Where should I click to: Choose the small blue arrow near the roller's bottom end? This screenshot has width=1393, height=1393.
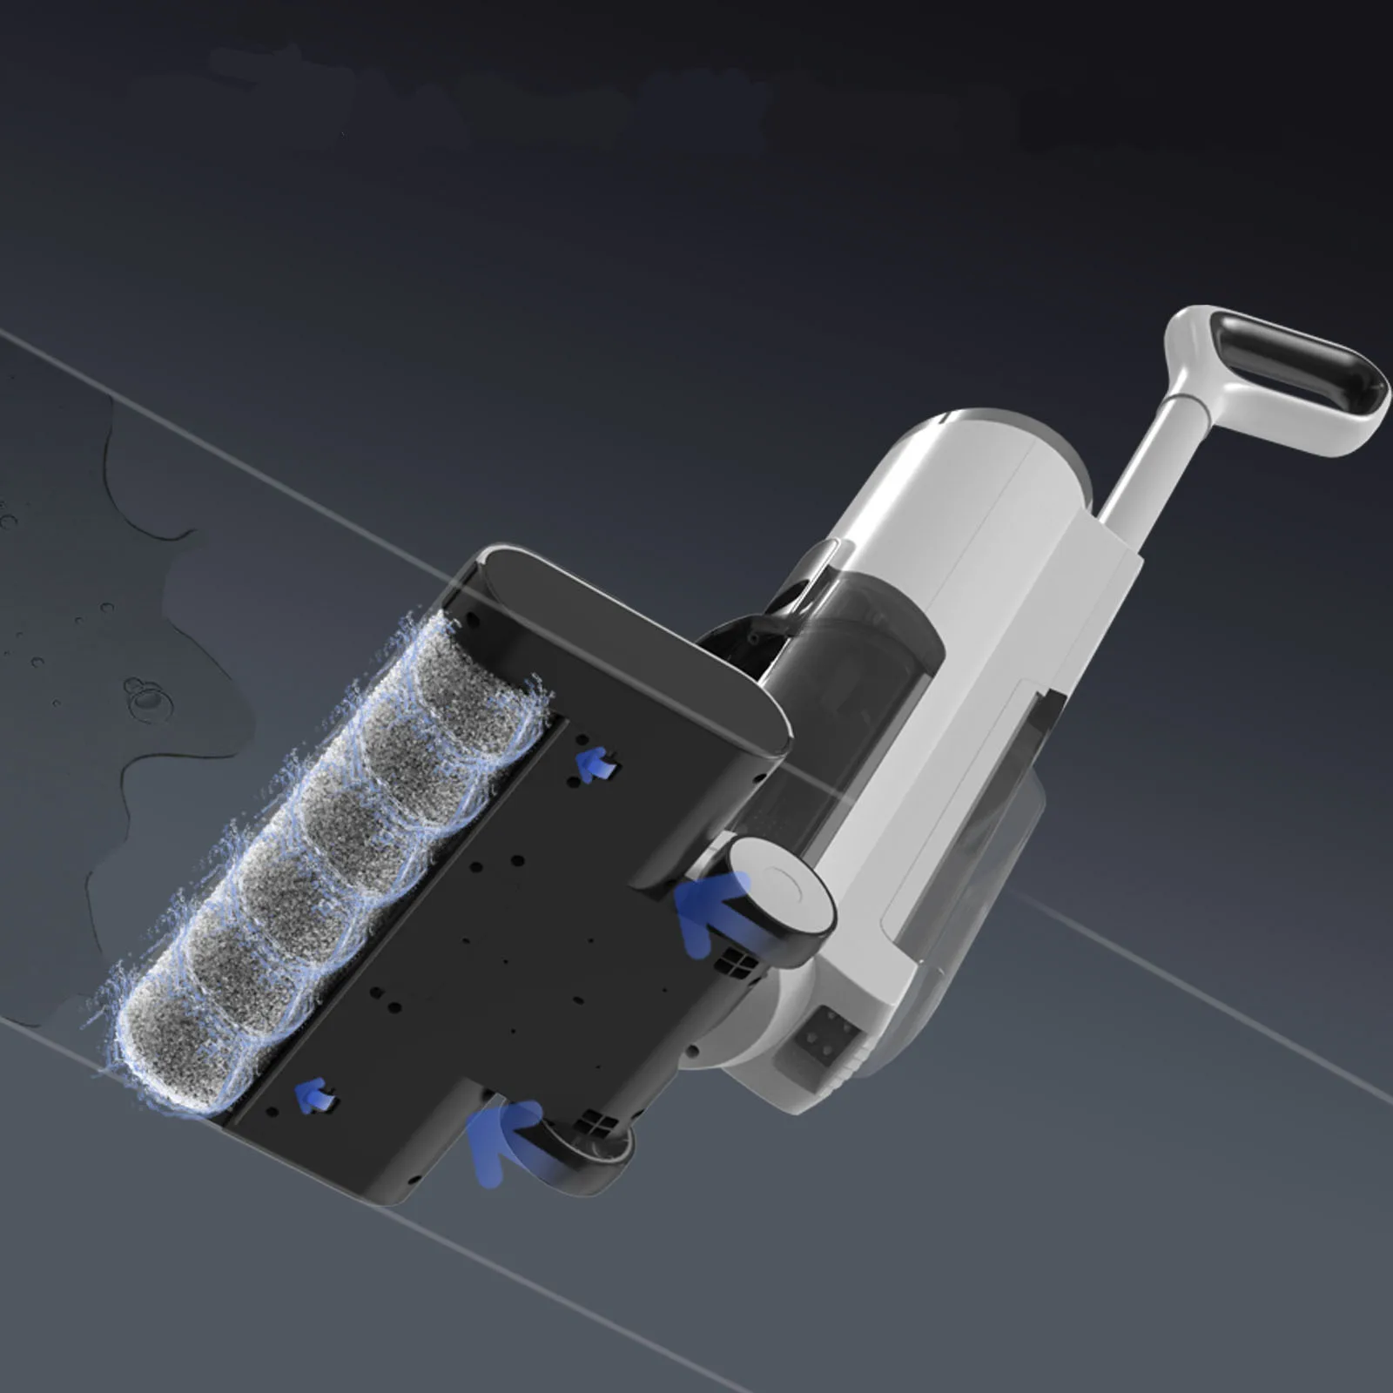[315, 1095]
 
